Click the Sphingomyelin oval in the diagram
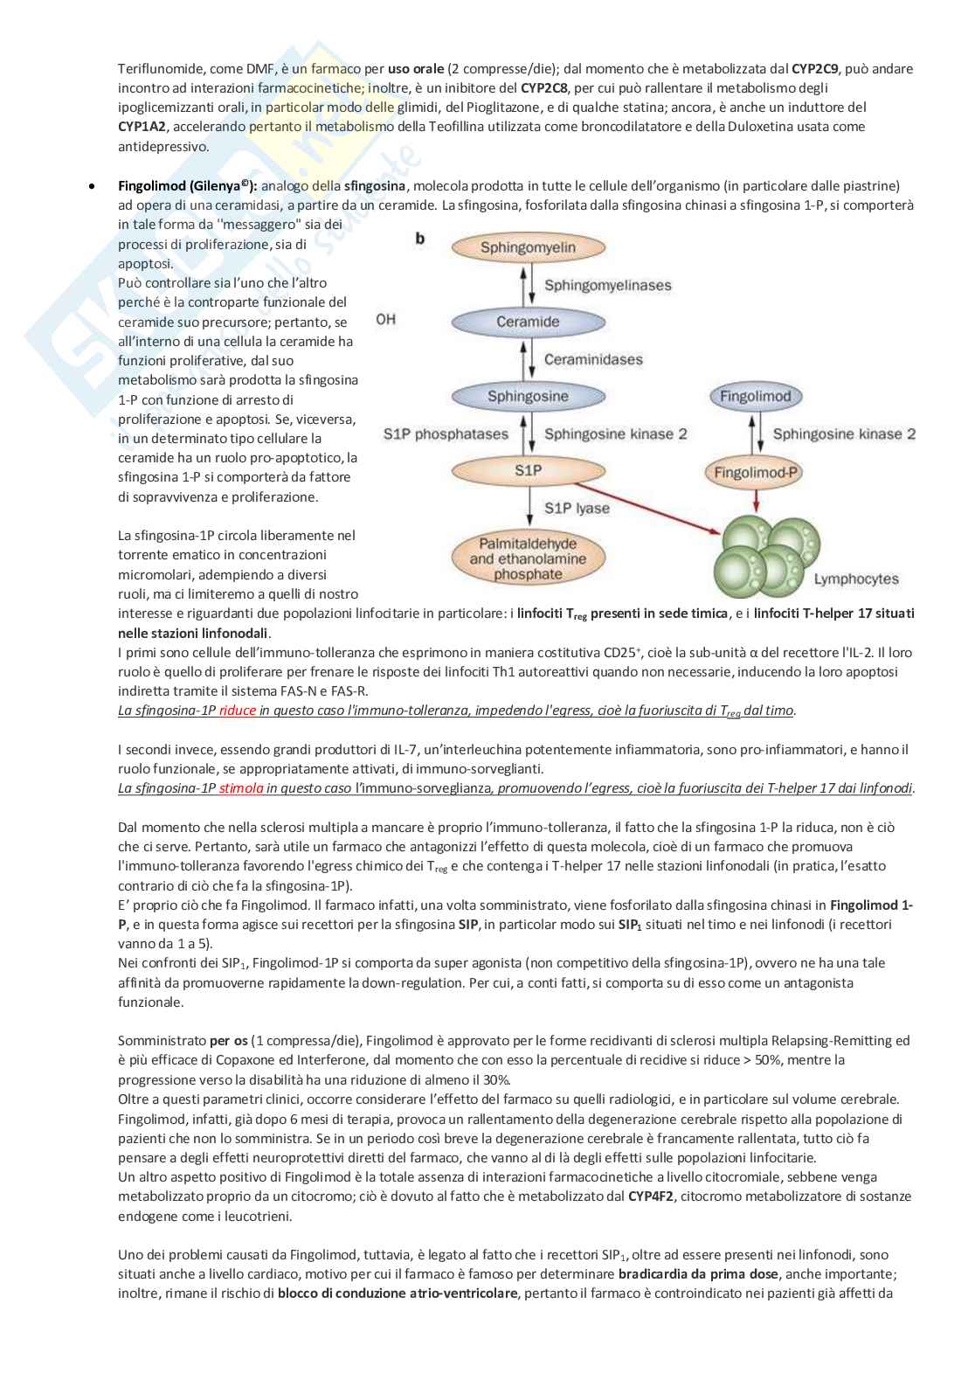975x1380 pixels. [x=528, y=247]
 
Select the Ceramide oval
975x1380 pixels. [x=528, y=322]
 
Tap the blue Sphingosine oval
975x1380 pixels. [x=528, y=397]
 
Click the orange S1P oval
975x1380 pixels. [x=528, y=471]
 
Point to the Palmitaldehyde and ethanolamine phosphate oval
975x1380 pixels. [x=528, y=559]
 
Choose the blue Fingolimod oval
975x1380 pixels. [x=755, y=397]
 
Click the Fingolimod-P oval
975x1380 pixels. [x=752, y=473]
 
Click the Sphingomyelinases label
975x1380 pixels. [x=607, y=285]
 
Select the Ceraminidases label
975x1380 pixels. [x=592, y=359]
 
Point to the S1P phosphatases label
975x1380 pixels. [x=446, y=434]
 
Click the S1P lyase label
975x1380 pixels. [x=577, y=508]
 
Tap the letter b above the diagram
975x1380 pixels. [x=420, y=239]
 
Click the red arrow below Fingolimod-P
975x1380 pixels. [x=756, y=502]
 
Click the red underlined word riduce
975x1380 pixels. [x=238, y=711]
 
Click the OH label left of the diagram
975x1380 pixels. [x=385, y=320]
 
